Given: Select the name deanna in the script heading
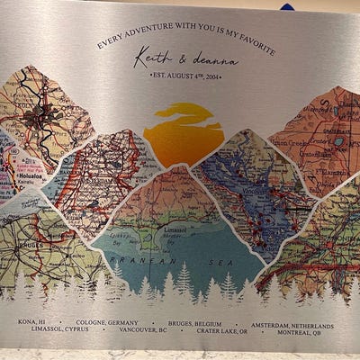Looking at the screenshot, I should [215, 61].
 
